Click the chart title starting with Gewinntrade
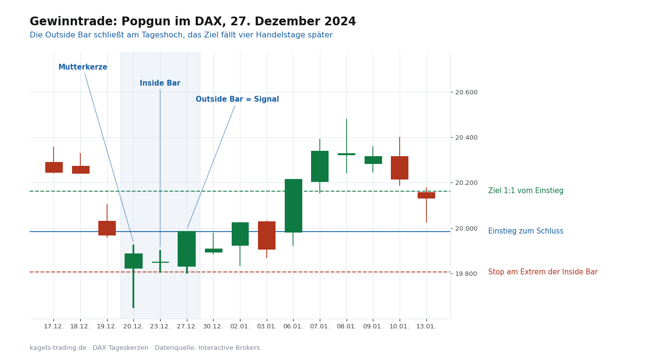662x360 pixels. click(x=193, y=21)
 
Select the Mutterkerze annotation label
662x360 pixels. click(x=83, y=67)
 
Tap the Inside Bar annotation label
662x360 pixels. click(x=160, y=83)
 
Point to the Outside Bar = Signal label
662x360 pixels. click(x=237, y=99)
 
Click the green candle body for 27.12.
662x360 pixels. click(x=186, y=249)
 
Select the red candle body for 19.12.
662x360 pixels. click(x=107, y=228)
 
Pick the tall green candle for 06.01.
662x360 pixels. click(x=293, y=206)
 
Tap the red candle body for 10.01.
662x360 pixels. click(x=400, y=168)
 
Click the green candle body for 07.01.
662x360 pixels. click(x=320, y=166)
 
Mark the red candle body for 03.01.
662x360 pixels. click(x=267, y=235)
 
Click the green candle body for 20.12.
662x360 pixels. click(x=133, y=261)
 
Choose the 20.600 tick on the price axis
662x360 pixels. click(x=466, y=92)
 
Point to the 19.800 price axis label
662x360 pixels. click(x=466, y=274)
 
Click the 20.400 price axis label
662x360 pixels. click(x=466, y=138)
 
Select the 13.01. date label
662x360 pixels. click(x=426, y=326)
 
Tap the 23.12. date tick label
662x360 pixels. click(x=160, y=326)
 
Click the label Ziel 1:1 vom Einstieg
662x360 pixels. click(x=526, y=191)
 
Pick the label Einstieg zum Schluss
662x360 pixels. click(x=526, y=231)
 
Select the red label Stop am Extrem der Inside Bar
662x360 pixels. click(x=543, y=271)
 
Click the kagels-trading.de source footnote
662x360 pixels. click(x=145, y=348)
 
